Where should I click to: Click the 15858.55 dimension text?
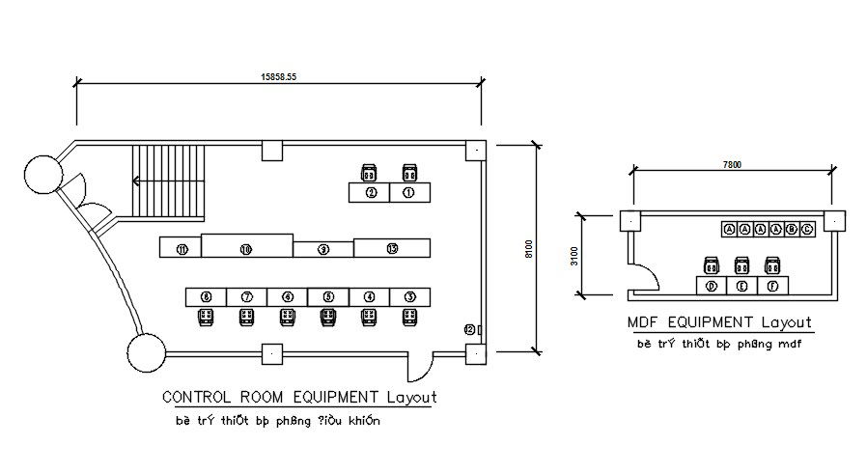click(x=278, y=76)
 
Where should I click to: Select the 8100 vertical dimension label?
click(x=528, y=248)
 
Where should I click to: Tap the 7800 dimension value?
click(x=731, y=165)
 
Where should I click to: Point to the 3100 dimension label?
click(x=575, y=256)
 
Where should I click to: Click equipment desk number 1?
click(x=408, y=193)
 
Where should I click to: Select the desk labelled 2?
click(x=370, y=193)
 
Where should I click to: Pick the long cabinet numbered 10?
click(x=246, y=247)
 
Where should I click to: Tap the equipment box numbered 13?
click(x=391, y=248)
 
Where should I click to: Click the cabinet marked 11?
click(x=182, y=248)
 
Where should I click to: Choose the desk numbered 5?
click(x=328, y=296)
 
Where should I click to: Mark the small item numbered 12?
click(x=470, y=330)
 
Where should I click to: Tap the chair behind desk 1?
click(x=408, y=173)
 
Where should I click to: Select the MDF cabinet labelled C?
click(x=807, y=229)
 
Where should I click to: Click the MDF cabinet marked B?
click(x=792, y=229)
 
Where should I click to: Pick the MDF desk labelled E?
click(x=741, y=286)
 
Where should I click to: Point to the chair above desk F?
click(x=771, y=264)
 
